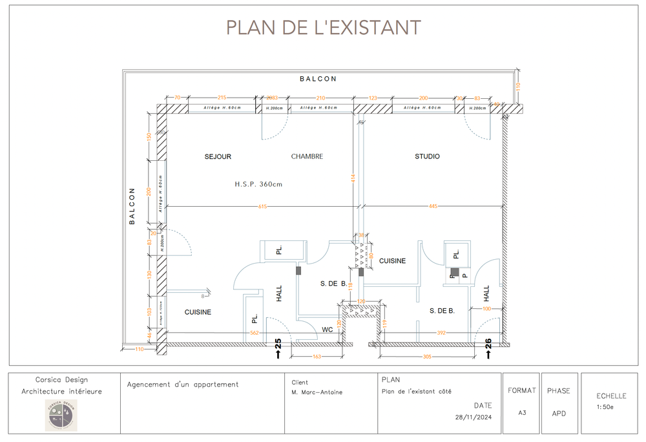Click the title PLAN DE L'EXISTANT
323,27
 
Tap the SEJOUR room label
218,156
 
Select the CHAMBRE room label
307,156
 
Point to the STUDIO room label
427,156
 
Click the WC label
328,329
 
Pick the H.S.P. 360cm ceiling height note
258,184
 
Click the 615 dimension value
262,207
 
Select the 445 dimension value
433,207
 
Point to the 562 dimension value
255,333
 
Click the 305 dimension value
426,356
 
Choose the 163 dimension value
317,356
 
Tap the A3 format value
521,412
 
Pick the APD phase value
559,412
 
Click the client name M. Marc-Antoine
317,392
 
